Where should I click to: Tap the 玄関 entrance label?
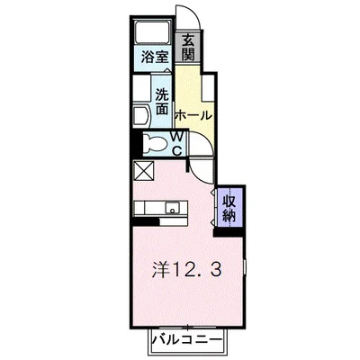pos(189,48)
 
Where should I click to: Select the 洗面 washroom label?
pos(162,100)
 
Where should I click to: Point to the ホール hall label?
pos(193,115)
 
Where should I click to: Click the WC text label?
pos(178,143)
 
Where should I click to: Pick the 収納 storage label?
pos(229,207)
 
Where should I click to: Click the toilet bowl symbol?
pos(155,143)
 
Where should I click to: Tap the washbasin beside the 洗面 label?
pos(139,115)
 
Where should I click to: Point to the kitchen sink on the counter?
pos(172,210)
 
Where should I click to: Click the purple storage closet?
pos(229,207)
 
